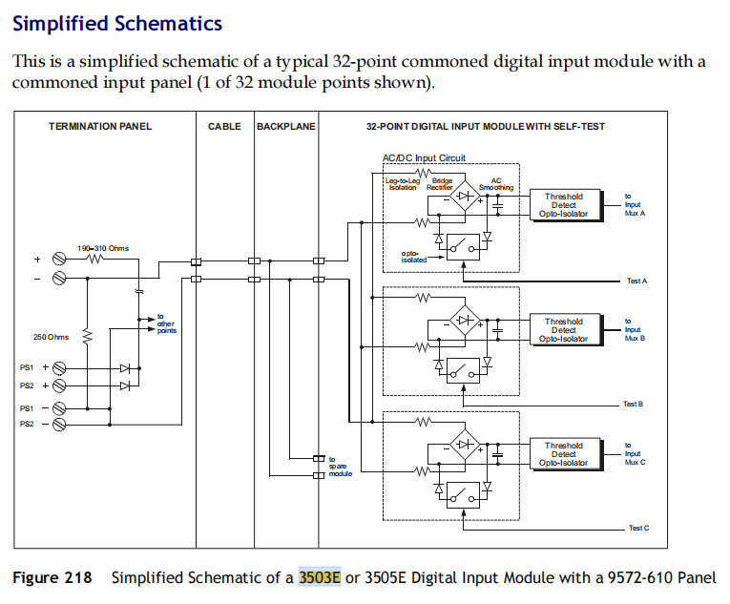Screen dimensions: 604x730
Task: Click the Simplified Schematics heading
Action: (116, 23)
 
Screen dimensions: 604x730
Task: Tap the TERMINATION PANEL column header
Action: (100, 126)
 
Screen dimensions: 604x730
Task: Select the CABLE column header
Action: (224, 126)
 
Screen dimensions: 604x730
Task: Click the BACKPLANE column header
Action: (285, 126)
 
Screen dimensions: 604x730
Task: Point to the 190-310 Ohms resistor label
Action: (103, 248)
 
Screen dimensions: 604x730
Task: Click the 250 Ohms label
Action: (52, 337)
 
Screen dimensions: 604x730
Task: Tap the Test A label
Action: (636, 281)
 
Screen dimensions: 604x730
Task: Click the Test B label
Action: (633, 404)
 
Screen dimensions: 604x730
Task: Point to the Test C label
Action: (638, 528)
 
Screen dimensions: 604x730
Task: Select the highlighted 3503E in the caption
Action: (319, 577)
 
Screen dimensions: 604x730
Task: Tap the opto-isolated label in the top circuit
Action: (414, 256)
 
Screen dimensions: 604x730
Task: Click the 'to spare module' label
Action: (341, 467)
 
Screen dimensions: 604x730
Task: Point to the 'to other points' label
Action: (167, 324)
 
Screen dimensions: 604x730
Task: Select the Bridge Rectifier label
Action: (440, 183)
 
